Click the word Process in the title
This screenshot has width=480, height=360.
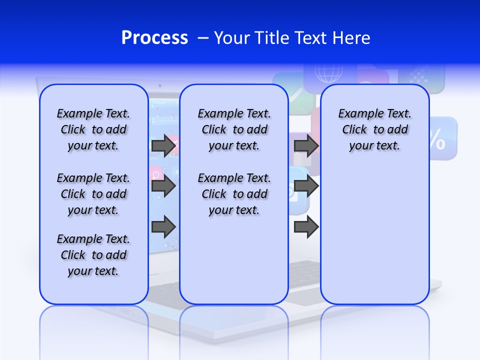tap(154, 38)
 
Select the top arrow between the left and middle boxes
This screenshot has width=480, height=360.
tap(163, 145)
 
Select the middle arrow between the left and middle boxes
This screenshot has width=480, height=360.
tap(163, 186)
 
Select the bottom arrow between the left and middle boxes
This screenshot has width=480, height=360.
tap(163, 227)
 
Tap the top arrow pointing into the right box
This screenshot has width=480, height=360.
tap(306, 145)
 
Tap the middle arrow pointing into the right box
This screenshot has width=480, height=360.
tap(306, 186)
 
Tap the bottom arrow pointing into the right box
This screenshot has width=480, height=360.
tap(306, 227)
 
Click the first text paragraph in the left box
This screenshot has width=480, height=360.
tap(93, 129)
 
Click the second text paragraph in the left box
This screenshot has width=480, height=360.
tap(93, 194)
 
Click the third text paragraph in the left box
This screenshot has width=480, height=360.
tap(93, 255)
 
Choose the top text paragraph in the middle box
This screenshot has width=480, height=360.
tap(234, 129)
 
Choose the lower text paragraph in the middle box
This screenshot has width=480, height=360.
tap(234, 194)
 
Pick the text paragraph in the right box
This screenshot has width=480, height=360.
tap(374, 129)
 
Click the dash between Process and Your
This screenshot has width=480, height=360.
tap(202, 38)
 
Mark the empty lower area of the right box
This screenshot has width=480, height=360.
tap(374, 235)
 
